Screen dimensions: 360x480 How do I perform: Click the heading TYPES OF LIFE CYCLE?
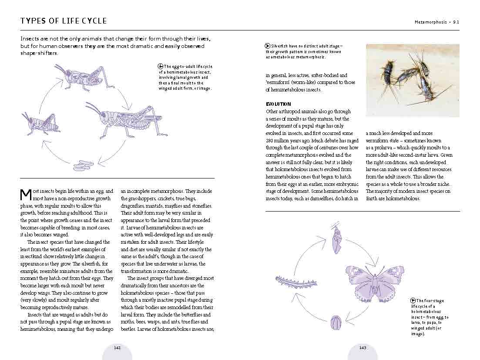(64, 21)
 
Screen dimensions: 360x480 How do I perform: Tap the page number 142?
(117, 347)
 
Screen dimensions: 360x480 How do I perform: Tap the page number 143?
(363, 347)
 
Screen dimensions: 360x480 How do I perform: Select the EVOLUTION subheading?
(278, 104)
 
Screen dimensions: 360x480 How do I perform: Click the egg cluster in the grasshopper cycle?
(83, 165)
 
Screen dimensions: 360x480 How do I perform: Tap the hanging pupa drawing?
(336, 240)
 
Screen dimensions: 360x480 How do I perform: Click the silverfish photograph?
(412, 80)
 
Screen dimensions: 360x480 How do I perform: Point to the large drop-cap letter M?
(26, 195)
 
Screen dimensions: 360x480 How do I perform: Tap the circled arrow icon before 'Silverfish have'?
(267, 46)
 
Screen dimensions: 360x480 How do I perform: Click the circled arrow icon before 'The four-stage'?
(413, 300)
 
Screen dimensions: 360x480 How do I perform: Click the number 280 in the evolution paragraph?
(270, 141)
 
